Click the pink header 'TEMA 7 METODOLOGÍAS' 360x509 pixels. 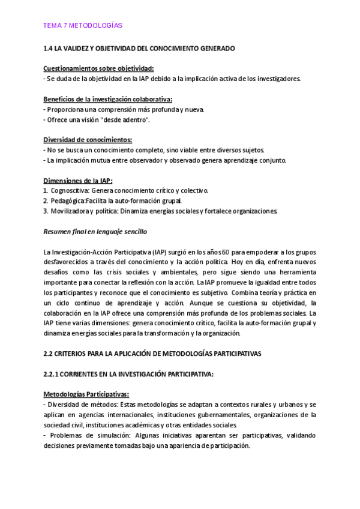(x=83, y=26)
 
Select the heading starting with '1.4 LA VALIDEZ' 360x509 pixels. (x=139, y=48)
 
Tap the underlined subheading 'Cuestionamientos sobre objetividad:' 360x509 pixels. (x=98, y=68)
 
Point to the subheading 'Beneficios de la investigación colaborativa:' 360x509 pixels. (x=108, y=99)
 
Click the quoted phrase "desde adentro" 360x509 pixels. (x=129, y=119)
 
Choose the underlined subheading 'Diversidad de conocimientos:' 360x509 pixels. (x=88, y=140)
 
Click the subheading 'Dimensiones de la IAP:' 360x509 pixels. (x=78, y=181)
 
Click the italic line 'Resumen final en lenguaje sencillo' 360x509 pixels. (x=95, y=231)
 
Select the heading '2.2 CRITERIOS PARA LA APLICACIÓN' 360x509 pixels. (x=152, y=354)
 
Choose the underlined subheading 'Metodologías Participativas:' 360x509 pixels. (x=86, y=394)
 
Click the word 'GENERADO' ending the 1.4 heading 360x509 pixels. (x=214, y=48)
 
